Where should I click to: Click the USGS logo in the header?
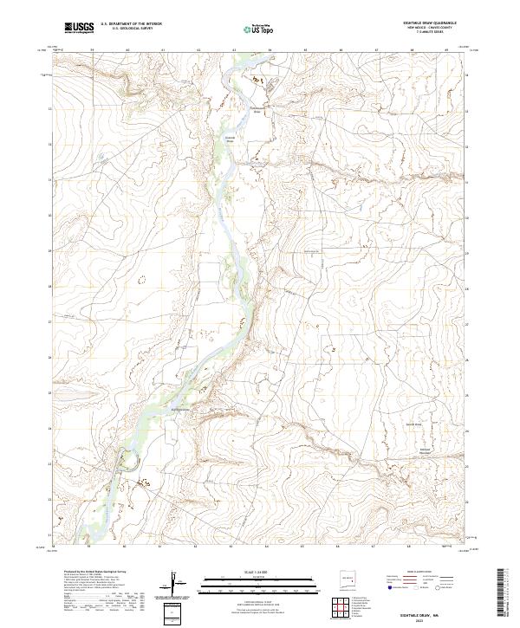click(x=80, y=29)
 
